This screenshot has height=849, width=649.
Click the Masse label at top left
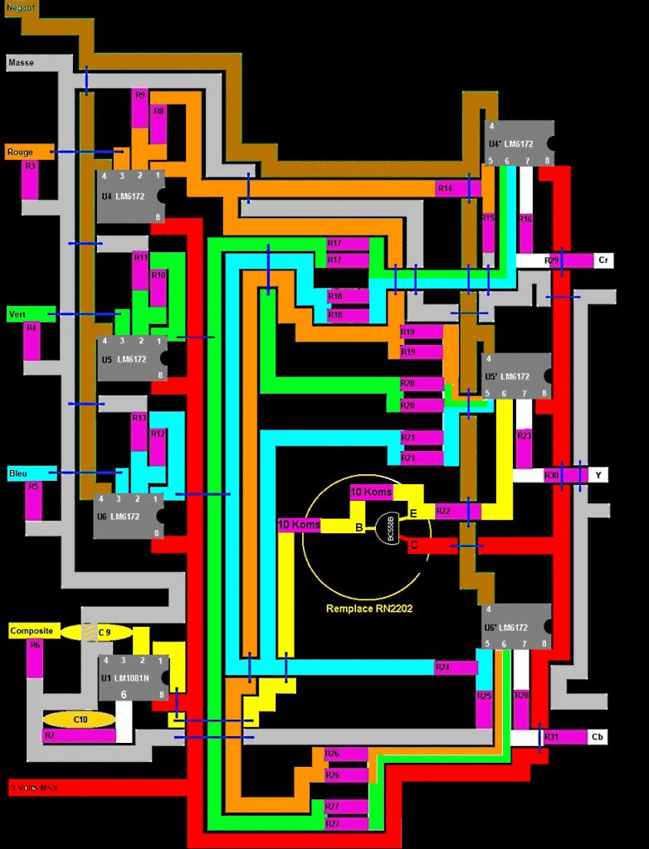22,62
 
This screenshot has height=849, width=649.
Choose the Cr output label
604,260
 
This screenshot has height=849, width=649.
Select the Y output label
599,475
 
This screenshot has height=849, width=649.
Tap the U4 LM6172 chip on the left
130,196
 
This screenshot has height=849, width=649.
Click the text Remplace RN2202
369,608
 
